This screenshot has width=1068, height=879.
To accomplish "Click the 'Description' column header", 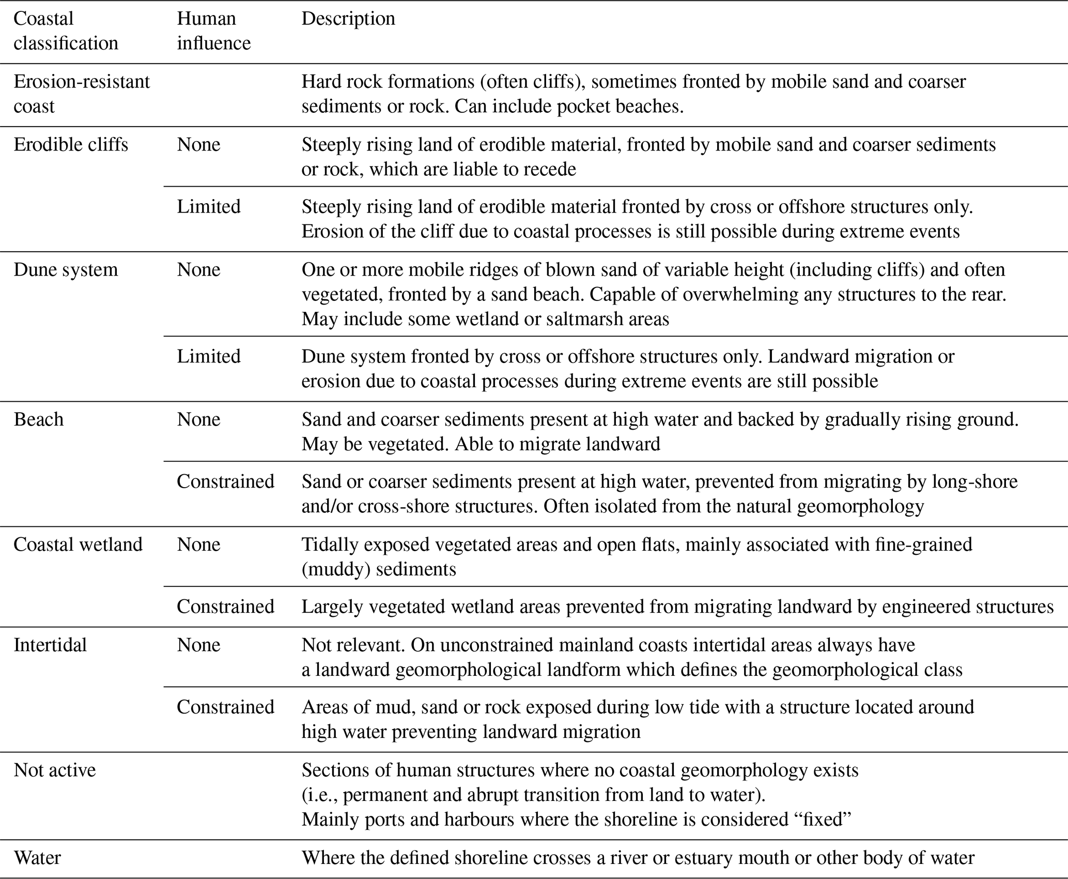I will tap(348, 19).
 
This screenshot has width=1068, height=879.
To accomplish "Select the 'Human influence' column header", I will tap(213, 31).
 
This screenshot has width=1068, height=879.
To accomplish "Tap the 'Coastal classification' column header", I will tap(66, 31).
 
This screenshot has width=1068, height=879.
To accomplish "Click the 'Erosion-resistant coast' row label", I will tap(81, 94).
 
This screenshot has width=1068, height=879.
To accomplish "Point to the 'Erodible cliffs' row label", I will tap(71, 144).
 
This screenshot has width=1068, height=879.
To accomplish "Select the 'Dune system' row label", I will tap(66, 269).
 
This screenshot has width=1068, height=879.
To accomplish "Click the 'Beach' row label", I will tap(38, 419).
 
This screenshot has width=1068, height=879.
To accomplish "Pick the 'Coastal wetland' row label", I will tap(78, 544).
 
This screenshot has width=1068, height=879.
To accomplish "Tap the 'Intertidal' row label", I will tap(50, 645).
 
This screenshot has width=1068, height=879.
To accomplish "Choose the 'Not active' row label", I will tap(54, 770).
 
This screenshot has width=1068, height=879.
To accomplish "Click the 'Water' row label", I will tap(37, 858).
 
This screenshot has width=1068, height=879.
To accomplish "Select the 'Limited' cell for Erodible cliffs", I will tap(209, 206).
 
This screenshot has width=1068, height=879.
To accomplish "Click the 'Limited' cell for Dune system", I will tap(209, 356).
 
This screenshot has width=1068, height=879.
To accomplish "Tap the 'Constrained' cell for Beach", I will tap(225, 481).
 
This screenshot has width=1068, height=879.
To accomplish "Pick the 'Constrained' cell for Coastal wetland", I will tap(225, 607).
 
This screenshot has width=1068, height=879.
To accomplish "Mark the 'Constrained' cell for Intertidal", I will tap(225, 707).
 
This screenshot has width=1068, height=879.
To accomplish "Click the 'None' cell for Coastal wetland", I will tap(198, 544).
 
